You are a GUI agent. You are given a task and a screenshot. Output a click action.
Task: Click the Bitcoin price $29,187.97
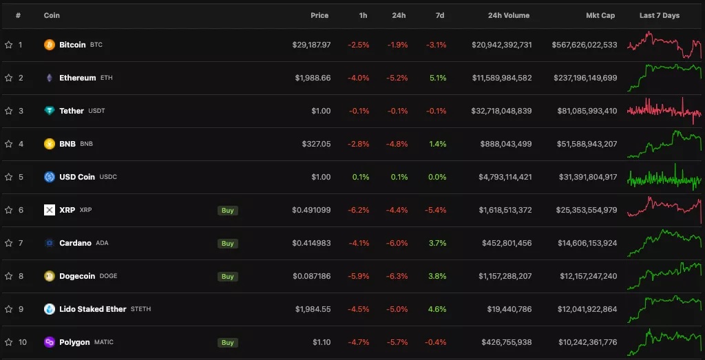click(311, 45)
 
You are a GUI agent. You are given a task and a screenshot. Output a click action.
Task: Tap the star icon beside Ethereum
click(9, 78)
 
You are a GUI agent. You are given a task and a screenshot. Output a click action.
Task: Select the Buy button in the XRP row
click(228, 210)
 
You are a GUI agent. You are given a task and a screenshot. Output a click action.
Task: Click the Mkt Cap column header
click(600, 15)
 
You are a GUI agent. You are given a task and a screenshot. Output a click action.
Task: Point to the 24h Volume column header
click(509, 15)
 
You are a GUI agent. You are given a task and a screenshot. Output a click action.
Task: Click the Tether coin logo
click(50, 111)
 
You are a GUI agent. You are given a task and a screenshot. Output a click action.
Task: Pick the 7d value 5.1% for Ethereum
click(437, 78)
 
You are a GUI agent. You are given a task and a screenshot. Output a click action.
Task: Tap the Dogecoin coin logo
click(50, 276)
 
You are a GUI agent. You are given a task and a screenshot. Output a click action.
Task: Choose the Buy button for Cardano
click(228, 243)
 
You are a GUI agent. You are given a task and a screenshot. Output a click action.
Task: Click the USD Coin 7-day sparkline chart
click(664, 177)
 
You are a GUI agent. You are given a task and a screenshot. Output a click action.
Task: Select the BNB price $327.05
click(316, 144)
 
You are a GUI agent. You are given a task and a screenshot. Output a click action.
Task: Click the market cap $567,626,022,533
click(584, 45)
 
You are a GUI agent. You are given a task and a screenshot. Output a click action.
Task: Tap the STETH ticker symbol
click(140, 309)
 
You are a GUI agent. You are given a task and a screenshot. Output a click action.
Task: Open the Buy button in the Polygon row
click(228, 342)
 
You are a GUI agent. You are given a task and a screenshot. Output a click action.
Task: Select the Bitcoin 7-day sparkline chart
click(664, 45)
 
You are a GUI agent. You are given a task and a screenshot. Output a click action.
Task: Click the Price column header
click(319, 15)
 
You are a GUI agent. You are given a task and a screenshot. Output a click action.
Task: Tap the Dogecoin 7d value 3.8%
click(437, 276)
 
